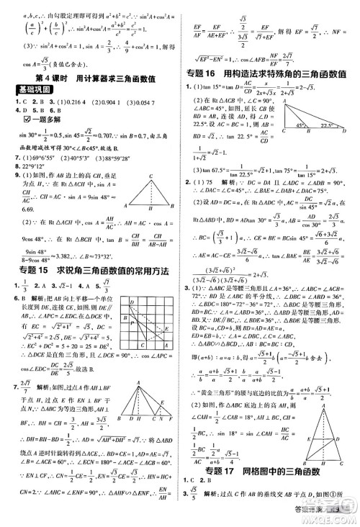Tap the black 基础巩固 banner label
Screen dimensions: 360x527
click(31, 89)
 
